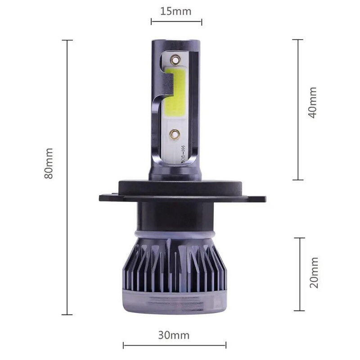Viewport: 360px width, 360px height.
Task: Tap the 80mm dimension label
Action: click(x=49, y=163)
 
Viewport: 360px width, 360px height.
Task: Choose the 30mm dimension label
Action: click(x=174, y=335)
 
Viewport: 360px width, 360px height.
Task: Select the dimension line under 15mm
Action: click(x=176, y=22)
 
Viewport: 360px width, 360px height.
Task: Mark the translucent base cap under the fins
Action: click(x=175, y=304)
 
